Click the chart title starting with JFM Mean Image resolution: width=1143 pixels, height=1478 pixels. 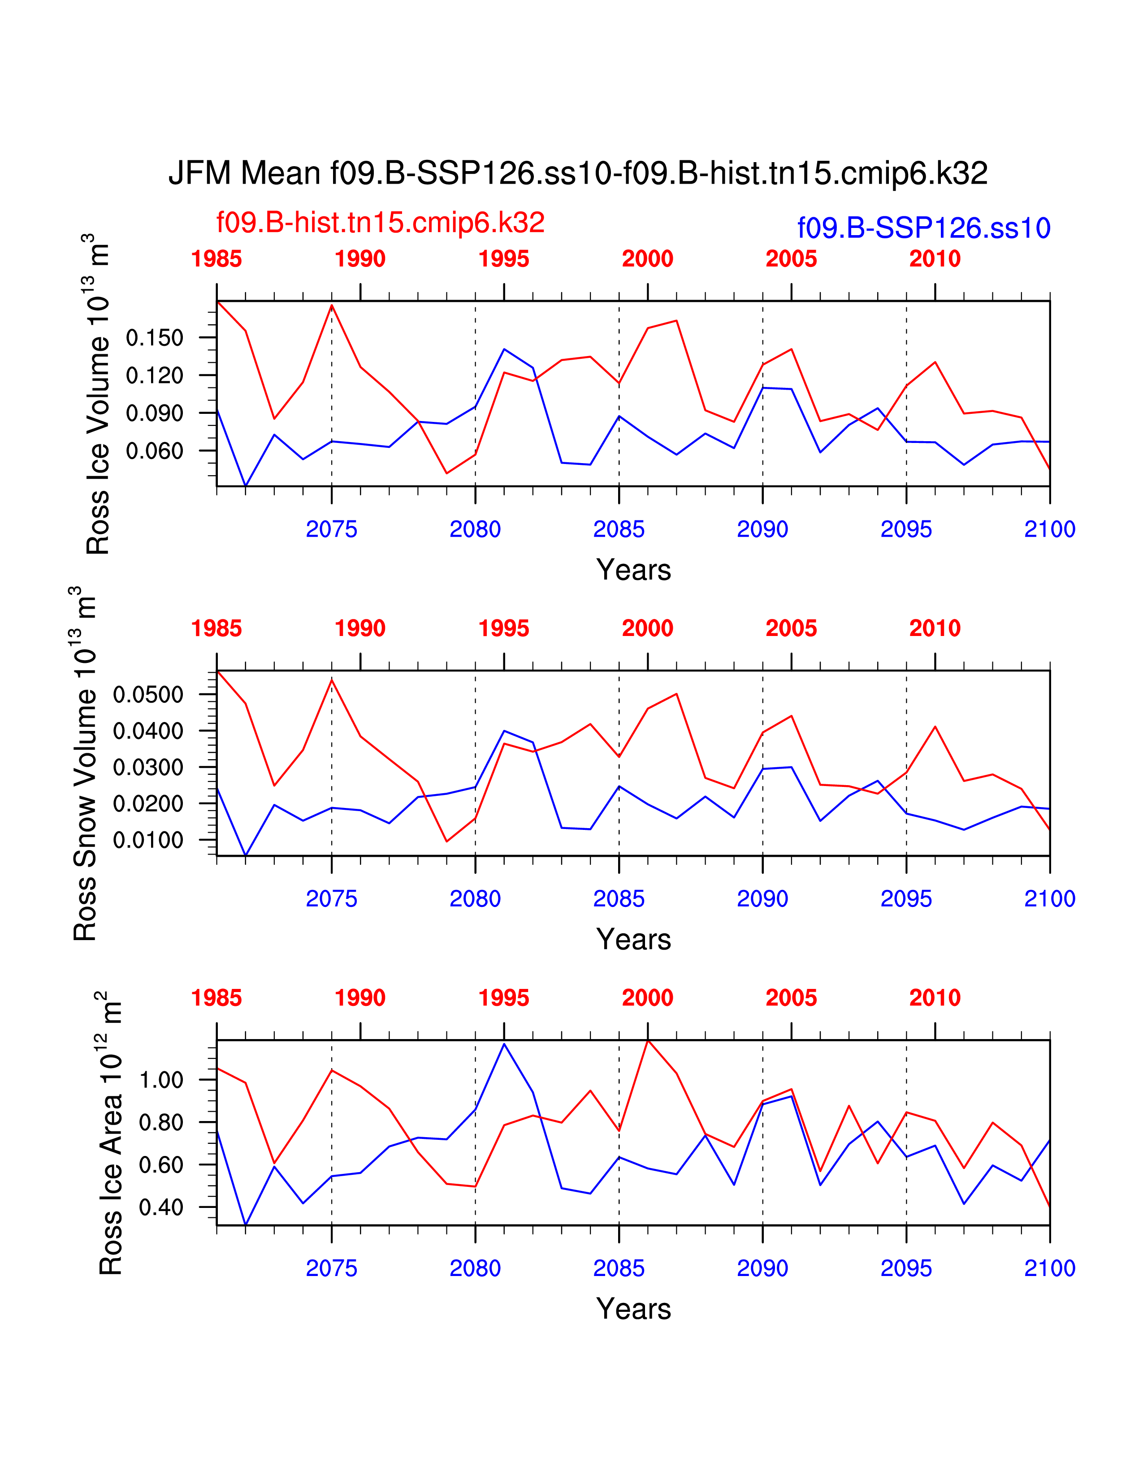578,173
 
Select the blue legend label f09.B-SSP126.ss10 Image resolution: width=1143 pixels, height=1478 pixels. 924,228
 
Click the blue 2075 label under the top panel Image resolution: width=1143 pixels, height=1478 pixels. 331,529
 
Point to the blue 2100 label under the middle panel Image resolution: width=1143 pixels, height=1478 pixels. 1050,899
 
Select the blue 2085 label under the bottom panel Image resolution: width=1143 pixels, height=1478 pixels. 619,1268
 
